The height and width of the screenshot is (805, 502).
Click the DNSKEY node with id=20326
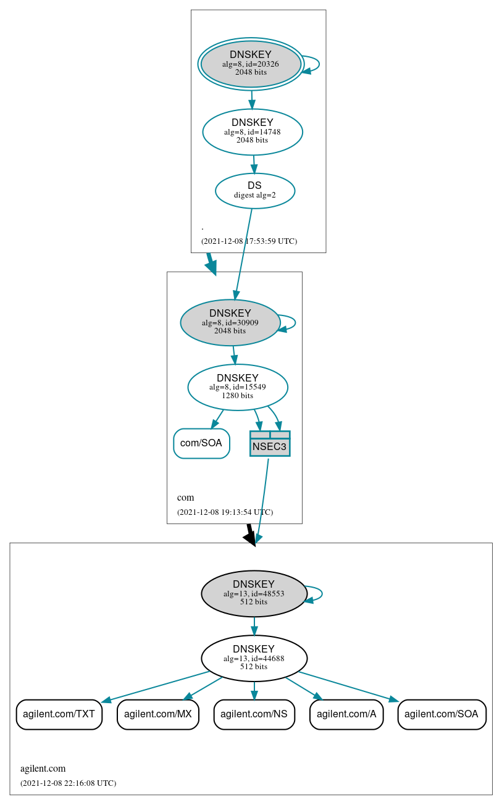pos(251,64)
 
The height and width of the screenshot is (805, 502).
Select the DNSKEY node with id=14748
pos(252,131)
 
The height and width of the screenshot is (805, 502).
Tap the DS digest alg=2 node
pos(254,191)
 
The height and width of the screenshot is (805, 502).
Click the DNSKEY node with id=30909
pos(230,322)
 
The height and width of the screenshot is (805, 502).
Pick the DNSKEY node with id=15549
pos(237,387)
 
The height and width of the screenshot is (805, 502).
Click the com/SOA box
pos(201,443)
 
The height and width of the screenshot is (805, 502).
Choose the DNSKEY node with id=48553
pos(254,593)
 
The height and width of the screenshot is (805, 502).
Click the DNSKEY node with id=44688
pos(254,658)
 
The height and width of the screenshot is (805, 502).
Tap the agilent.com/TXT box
pos(59,714)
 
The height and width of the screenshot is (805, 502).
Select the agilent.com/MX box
pos(157,714)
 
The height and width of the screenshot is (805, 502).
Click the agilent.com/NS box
pos(254,714)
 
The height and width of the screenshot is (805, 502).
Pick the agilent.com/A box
pos(346,714)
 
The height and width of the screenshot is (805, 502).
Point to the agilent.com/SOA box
pos(441,714)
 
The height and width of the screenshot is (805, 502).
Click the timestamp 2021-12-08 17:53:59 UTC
pos(249,241)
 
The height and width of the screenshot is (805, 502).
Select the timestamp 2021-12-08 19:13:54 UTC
pos(225,512)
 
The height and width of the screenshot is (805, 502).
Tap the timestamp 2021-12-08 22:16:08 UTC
pos(68,783)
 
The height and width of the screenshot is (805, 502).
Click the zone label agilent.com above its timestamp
pos(43,769)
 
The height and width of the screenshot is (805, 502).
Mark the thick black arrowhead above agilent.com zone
pos(250,538)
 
